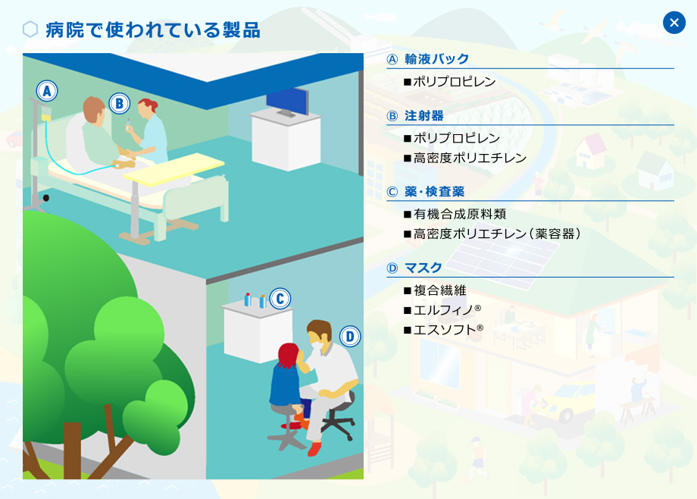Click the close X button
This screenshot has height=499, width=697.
coord(674,23)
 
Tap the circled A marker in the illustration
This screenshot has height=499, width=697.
coord(47,91)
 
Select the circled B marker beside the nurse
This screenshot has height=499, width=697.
coord(119,103)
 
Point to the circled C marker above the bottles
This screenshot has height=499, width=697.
coord(280,298)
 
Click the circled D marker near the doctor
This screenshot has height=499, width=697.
coord(350,336)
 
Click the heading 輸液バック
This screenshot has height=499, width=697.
coord(436,58)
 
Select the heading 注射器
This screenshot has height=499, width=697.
coord(424,116)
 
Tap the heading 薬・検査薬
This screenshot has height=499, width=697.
coord(434,191)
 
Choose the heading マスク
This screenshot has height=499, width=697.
coord(424,268)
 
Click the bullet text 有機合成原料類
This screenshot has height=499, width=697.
coord(460,214)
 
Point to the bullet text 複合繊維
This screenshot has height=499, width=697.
coord(439,290)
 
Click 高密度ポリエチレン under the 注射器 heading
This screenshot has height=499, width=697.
coord(470,158)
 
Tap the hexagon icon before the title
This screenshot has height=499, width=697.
coord(30,30)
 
